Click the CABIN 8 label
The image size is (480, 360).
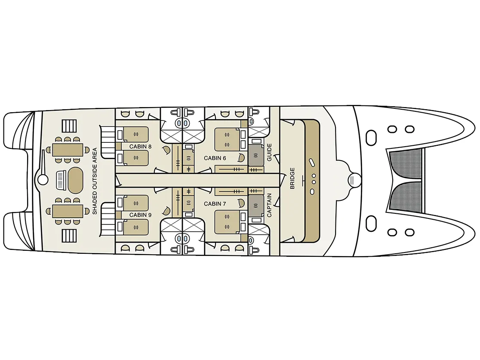point(140,147)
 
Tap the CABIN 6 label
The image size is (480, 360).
point(215,158)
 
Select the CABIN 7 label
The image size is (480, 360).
point(215,204)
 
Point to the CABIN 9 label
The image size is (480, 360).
point(140,215)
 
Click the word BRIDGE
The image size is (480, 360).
point(292,178)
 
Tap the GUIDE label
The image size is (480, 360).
point(269,152)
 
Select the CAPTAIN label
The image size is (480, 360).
point(269,205)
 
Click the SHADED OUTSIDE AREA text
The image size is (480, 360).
point(95,181)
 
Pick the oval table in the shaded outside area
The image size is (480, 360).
point(75,180)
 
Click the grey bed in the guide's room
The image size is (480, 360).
point(256,156)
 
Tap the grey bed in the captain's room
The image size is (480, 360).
point(256,206)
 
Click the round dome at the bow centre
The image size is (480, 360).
point(355,180)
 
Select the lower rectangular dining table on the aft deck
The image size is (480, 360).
point(68,211)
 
